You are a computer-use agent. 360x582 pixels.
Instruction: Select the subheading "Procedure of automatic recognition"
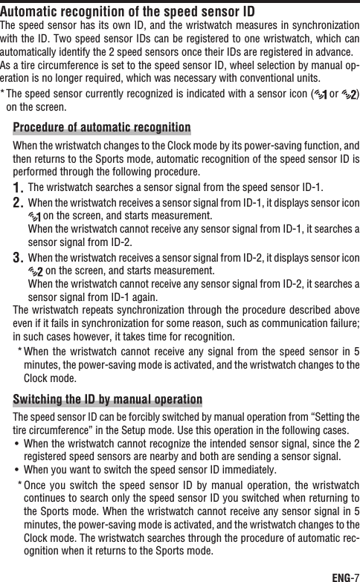pos(102,127)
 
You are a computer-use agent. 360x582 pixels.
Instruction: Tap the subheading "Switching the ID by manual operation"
pos(108,399)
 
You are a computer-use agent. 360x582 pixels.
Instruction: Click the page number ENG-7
pos(344,572)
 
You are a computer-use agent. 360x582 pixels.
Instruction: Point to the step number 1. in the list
pos(19,186)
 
